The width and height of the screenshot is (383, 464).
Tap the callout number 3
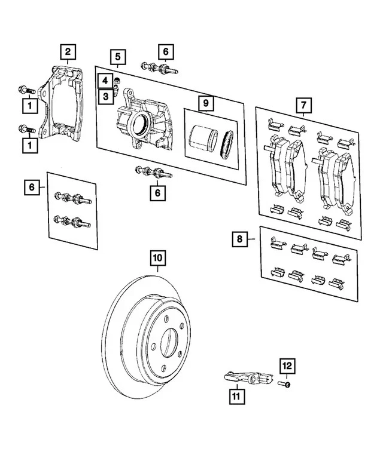(105, 96)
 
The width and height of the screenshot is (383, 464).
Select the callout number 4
(105, 80)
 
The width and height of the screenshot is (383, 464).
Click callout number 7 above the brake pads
(303, 107)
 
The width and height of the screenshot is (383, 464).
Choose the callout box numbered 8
(239, 239)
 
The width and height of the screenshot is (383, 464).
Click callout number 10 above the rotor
(157, 258)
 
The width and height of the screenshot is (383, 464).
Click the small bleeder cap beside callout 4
(118, 80)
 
